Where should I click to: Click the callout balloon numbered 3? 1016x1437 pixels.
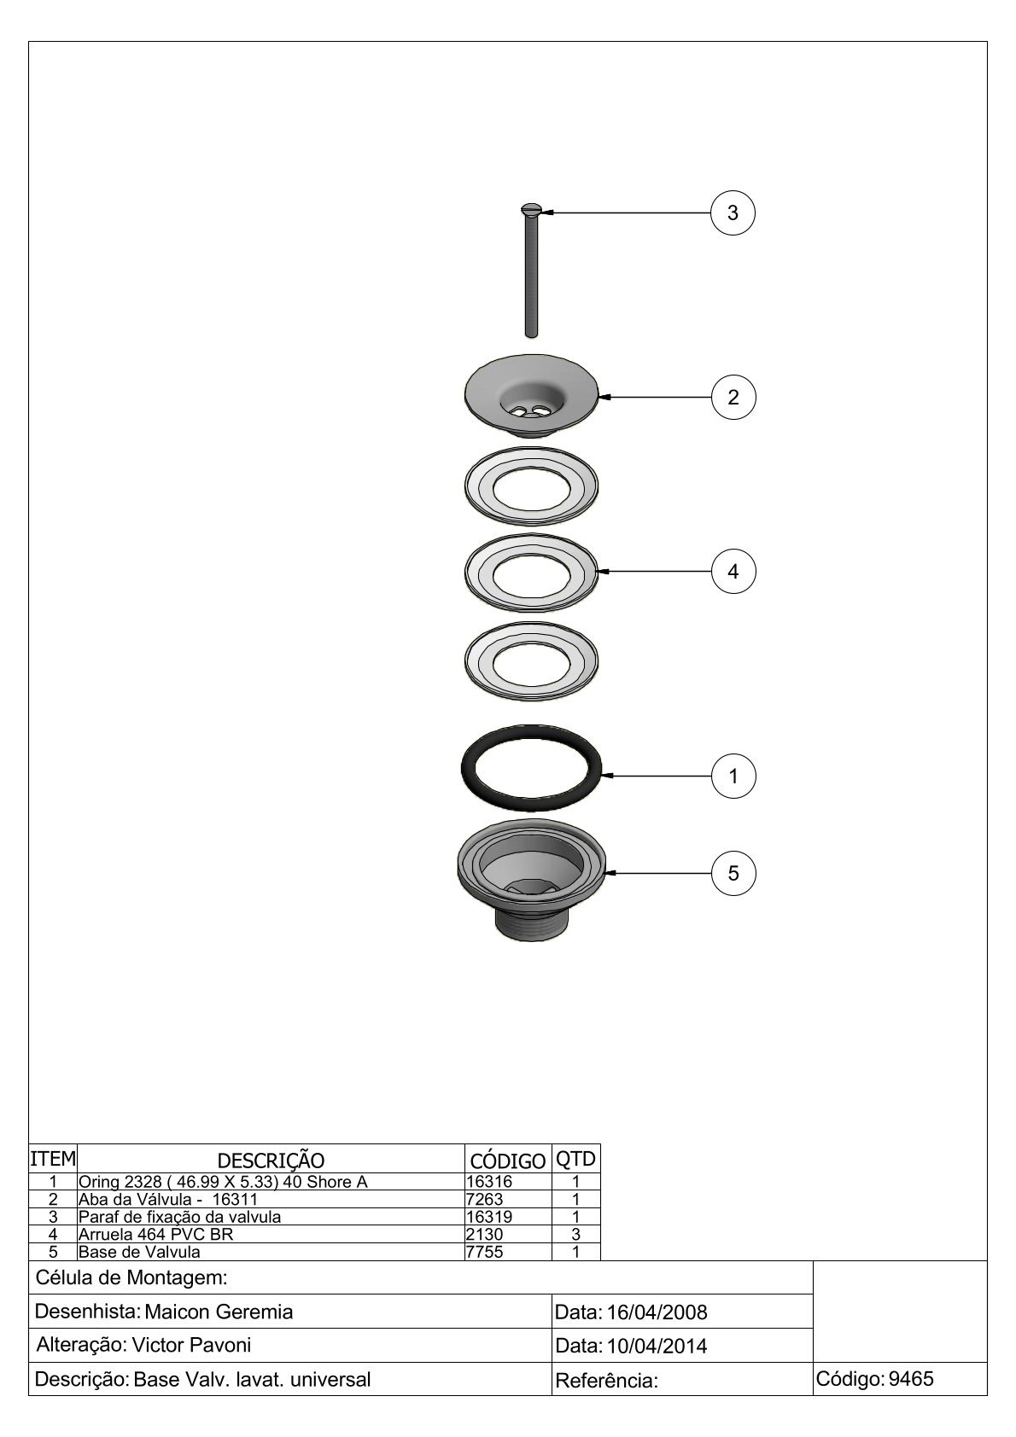pyautogui.click(x=733, y=212)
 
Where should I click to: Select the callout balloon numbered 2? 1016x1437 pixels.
pyautogui.click(x=733, y=397)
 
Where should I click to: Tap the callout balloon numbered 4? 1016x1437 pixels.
pyautogui.click(x=733, y=571)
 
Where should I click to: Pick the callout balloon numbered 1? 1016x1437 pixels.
pyautogui.click(x=733, y=776)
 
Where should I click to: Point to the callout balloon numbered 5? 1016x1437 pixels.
pyautogui.click(x=733, y=872)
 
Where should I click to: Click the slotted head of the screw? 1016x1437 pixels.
pyautogui.click(x=530, y=210)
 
